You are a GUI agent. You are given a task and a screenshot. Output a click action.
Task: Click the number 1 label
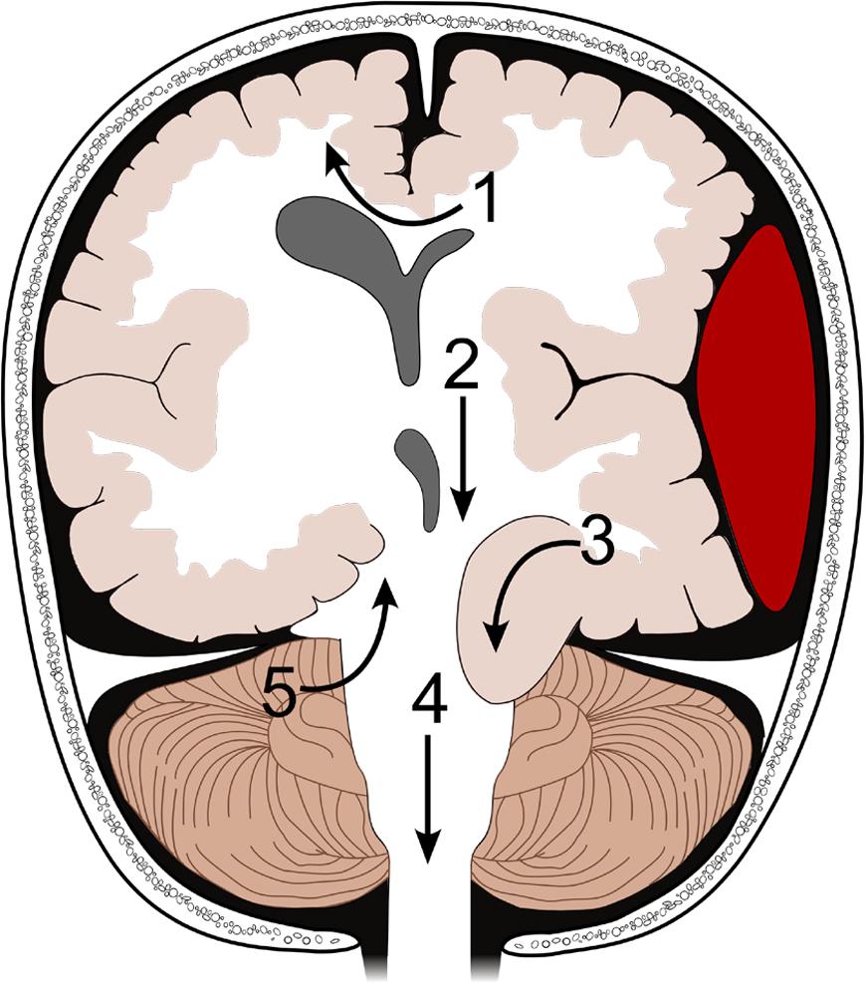484,200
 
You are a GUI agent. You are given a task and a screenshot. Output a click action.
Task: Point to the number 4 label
429,705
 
